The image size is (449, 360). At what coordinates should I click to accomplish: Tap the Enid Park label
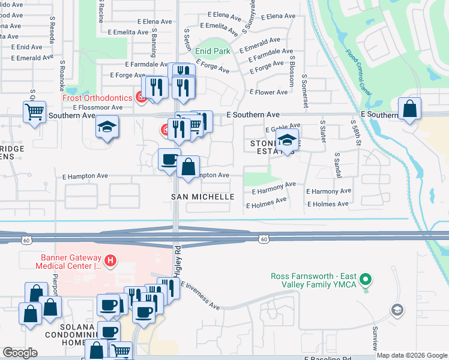(x=212, y=52)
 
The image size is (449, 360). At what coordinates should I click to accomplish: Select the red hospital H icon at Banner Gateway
(x=110, y=260)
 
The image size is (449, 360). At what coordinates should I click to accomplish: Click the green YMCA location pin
(x=370, y=279)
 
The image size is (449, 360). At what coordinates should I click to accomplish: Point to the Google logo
(x=20, y=353)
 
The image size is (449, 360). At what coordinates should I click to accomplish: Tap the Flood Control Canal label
(x=358, y=64)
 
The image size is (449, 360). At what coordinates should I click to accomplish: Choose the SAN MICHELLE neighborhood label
(x=203, y=197)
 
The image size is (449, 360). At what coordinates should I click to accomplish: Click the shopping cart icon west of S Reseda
(x=34, y=111)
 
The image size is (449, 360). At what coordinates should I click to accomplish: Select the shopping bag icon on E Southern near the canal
(x=409, y=109)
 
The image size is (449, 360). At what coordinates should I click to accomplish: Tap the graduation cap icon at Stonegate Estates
(x=288, y=140)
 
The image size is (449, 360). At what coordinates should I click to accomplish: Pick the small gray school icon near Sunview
(x=397, y=310)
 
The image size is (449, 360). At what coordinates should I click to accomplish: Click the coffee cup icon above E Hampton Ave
(x=169, y=160)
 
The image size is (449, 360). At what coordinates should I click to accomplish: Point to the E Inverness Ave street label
(x=199, y=296)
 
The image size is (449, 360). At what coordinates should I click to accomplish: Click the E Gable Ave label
(x=282, y=129)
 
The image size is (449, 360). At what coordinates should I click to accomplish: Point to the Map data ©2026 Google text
(x=412, y=355)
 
